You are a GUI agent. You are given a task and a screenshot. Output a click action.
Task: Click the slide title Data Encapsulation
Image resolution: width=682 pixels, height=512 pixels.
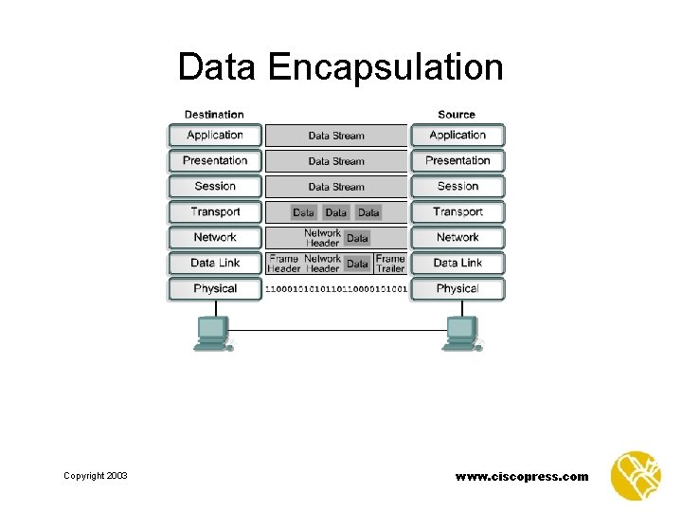[340, 68]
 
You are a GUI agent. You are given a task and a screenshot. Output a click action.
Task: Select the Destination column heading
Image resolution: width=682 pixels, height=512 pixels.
[214, 115]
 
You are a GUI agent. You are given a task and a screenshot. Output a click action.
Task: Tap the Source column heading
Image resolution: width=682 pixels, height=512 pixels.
[457, 115]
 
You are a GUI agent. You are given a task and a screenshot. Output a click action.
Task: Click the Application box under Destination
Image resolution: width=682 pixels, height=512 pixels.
[215, 136]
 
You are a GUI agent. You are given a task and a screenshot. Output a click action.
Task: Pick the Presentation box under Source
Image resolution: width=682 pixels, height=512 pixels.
[458, 161]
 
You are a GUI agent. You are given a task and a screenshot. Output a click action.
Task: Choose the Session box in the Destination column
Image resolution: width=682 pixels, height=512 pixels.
[215, 187]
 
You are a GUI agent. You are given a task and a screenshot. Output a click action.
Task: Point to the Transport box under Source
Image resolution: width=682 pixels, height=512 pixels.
[458, 212]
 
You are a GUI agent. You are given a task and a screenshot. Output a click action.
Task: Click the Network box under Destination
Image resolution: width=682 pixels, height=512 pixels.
[215, 238]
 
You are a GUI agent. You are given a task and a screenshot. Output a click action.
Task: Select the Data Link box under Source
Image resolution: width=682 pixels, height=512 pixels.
[458, 264]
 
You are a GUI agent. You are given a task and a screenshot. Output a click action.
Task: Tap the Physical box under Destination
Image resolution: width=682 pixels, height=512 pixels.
[215, 289]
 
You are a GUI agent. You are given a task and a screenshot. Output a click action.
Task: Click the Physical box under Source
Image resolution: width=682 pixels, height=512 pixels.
[458, 289]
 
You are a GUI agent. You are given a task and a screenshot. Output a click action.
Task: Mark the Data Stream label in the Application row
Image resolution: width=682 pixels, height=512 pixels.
[336, 136]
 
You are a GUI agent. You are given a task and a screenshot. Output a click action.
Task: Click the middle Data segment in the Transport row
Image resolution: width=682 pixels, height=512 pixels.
[336, 212]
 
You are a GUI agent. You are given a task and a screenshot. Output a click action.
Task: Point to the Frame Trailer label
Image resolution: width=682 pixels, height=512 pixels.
[390, 263]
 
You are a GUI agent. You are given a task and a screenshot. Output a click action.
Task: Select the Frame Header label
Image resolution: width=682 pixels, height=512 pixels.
[284, 263]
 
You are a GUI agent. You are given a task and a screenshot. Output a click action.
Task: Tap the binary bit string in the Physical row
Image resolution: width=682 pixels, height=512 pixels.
[336, 288]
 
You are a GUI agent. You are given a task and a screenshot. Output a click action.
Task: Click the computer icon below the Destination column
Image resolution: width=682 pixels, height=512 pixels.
[212, 333]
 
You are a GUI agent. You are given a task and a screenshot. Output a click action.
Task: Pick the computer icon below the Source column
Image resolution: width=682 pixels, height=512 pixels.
[462, 333]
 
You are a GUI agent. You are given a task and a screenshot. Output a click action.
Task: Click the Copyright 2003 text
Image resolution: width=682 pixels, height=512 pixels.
[95, 476]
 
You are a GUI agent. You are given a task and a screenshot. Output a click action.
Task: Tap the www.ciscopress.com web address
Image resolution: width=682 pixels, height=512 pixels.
[521, 476]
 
